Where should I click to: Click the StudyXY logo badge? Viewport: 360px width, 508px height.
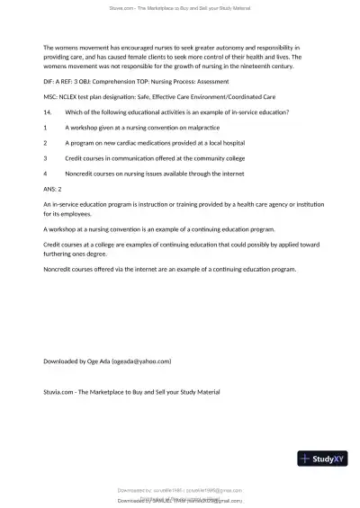pos(322,459)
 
